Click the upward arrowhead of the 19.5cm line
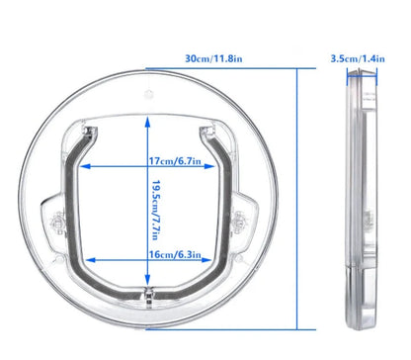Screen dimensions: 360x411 coord(147,117)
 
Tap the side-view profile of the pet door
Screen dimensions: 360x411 coord(358,208)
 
